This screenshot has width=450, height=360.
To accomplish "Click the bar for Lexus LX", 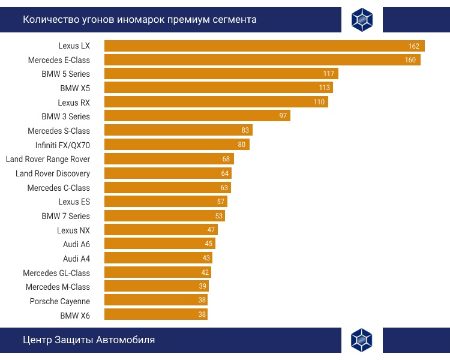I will point(264,46).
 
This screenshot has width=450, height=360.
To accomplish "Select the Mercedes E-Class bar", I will point(262,60).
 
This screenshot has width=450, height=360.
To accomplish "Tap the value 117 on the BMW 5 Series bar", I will point(328,74).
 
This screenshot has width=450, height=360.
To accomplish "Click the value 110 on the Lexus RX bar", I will point(319,102).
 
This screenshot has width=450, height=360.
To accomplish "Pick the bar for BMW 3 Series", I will point(197,116).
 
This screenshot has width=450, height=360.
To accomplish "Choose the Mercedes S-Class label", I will point(59,131).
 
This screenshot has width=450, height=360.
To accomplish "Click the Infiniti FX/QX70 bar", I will point(176,145).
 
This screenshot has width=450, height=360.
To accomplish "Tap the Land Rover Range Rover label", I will point(48,159).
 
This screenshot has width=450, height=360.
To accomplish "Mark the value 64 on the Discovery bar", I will point(225,173).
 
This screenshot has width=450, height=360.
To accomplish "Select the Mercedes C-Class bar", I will point(167,188).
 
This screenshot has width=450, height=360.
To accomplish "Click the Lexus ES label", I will point(74,202).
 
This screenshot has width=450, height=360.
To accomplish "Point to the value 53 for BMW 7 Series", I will point(219,216).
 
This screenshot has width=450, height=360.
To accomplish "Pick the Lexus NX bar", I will point(161,230).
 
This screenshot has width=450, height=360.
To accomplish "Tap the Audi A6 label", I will point(76,244).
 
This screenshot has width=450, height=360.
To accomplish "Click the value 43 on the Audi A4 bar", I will point(206,258).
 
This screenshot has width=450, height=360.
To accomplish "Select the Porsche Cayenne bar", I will point(156,300).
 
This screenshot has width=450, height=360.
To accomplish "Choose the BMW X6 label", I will point(75,315).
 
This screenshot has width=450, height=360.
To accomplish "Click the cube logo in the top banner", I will point(362,20).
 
